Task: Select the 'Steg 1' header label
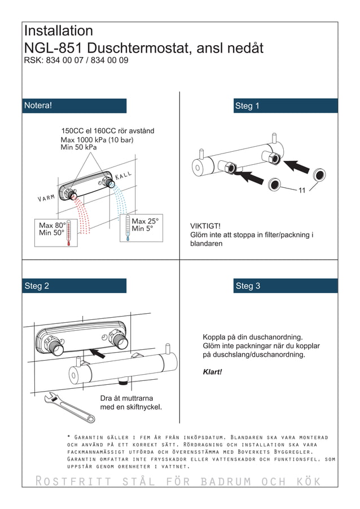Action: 247,106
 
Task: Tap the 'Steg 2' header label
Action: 37,286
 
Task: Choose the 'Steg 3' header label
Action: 248,286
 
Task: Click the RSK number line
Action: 76,60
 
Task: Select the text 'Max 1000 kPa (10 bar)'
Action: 98,139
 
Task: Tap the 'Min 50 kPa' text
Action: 78,147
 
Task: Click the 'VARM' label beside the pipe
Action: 46,198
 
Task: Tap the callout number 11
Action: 302,191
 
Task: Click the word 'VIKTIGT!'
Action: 205,226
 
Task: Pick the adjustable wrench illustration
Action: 71,407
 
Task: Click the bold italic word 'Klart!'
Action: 212,372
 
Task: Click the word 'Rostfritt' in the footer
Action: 71,481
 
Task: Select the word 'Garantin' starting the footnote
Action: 91,437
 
